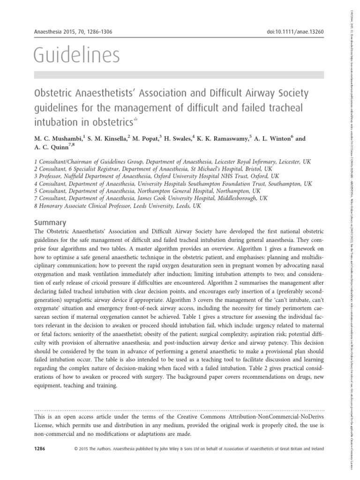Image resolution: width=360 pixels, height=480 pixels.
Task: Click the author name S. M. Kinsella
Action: [115, 139]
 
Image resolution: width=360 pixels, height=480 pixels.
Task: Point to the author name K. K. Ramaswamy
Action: [224, 139]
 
